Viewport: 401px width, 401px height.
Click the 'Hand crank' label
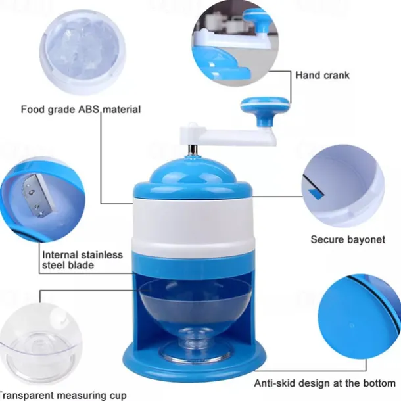click(x=322, y=75)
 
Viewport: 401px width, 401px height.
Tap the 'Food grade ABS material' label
click(x=81, y=110)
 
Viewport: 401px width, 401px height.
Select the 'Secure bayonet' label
click(x=348, y=239)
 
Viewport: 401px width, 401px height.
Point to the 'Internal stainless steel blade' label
click(x=82, y=260)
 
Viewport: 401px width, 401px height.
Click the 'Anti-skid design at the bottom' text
click(x=325, y=383)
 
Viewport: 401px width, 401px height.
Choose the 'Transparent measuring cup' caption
click(x=63, y=395)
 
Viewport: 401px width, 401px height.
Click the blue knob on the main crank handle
click(x=266, y=110)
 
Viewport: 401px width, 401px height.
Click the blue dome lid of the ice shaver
click(x=193, y=178)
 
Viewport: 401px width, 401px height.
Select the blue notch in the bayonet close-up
click(x=316, y=193)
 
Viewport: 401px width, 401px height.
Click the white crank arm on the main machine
click(x=227, y=135)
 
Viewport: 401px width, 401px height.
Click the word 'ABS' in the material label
click(x=89, y=109)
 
